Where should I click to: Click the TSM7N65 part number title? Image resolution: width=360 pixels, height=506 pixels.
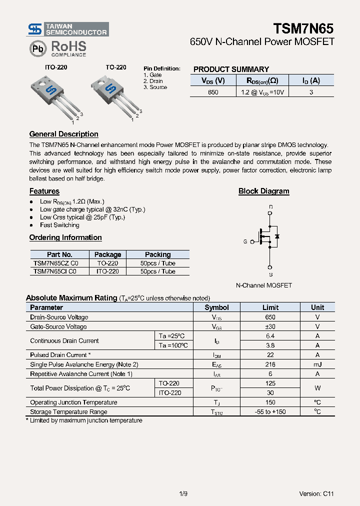[303, 28]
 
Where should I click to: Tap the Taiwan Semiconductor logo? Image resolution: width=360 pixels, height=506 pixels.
[68, 29]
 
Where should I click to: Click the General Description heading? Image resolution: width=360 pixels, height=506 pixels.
[63, 134]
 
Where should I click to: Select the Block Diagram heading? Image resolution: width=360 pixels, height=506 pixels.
[263, 191]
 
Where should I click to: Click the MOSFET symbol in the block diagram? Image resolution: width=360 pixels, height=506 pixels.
[268, 236]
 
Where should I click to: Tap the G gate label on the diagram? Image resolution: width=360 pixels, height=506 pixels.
[245, 241]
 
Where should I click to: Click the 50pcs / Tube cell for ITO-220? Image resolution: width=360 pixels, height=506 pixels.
[157, 271]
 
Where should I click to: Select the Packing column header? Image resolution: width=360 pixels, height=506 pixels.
[157, 254]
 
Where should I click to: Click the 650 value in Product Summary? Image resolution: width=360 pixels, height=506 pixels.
[213, 92]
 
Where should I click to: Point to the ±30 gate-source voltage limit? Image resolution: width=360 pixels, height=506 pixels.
[270, 326]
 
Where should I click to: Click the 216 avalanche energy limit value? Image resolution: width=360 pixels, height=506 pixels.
[270, 364]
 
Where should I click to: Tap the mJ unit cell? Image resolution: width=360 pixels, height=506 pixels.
[317, 364]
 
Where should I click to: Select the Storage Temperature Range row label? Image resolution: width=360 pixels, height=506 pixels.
[68, 412]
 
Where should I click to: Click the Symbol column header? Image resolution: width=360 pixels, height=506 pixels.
[216, 307]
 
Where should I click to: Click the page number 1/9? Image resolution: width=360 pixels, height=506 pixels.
[183, 493]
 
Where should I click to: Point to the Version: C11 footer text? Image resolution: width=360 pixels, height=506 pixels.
[316, 493]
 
